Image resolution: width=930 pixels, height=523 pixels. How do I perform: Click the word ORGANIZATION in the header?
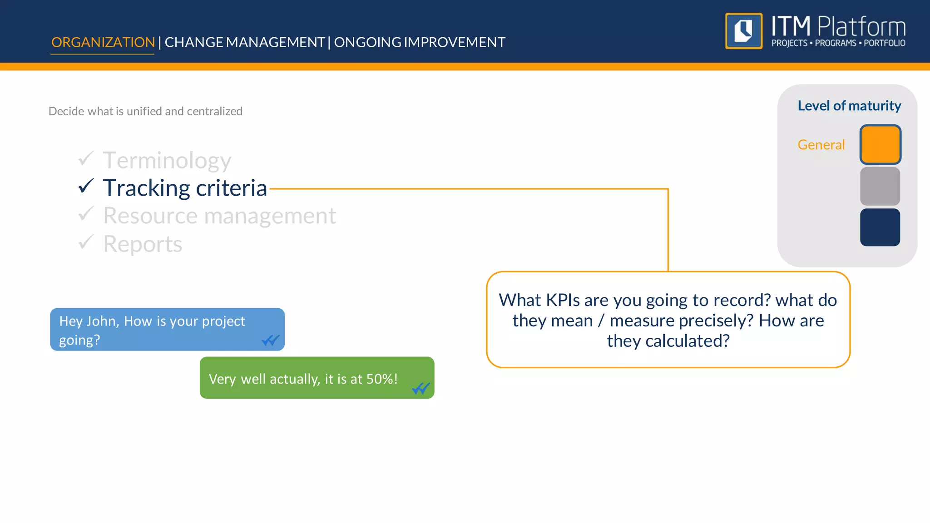103,42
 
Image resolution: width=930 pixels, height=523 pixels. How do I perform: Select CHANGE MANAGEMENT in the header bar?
244,42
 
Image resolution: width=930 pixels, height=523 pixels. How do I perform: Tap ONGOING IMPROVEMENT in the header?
420,42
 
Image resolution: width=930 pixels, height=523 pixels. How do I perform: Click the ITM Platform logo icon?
744,31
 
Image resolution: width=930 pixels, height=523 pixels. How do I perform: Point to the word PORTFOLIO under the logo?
884,43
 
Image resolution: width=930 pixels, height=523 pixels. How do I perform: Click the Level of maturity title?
849,106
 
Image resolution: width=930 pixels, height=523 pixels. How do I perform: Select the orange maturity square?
880,144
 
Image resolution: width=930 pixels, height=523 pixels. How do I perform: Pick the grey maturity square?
880,186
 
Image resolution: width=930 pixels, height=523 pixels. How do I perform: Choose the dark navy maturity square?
880,227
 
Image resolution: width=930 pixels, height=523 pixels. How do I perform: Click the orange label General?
821,145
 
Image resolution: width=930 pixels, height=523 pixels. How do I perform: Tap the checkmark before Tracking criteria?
86,186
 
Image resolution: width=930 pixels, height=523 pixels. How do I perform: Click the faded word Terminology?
167,161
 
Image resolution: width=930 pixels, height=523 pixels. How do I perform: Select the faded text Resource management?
219,216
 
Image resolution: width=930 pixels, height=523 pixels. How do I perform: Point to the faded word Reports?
143,244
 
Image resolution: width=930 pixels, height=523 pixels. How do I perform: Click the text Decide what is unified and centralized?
145,111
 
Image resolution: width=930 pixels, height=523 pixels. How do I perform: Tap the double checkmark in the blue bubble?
271,340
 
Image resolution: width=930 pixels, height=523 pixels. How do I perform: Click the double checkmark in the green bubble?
420,389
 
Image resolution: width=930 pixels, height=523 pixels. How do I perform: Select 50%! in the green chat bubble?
382,379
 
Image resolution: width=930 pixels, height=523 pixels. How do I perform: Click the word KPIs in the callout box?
563,301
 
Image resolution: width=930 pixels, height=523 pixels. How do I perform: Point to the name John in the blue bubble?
102,321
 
